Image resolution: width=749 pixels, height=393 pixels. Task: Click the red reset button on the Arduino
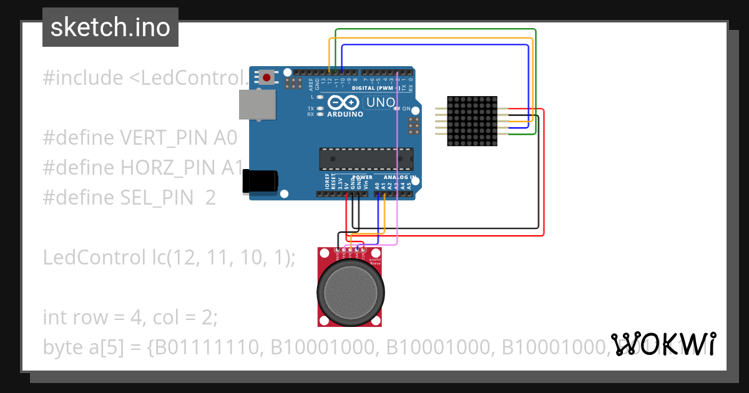[267, 78]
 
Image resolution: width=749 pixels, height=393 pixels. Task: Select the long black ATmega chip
[366, 159]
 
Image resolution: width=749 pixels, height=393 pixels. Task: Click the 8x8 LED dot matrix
[472, 121]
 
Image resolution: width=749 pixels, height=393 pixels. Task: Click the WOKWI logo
[663, 344]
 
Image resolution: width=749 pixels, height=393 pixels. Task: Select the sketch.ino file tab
[110, 27]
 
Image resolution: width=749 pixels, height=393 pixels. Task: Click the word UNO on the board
[379, 102]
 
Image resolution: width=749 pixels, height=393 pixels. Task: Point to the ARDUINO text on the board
[345, 115]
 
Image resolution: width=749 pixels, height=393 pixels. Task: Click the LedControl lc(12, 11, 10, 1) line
[169, 257]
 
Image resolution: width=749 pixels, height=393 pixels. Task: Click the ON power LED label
[406, 109]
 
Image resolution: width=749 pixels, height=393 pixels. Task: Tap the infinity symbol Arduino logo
[344, 102]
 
